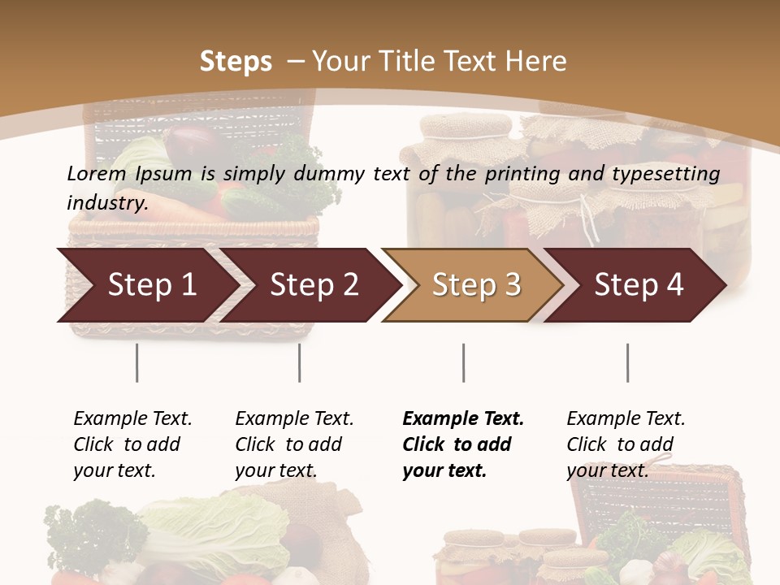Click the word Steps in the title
236,62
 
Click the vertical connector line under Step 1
136,362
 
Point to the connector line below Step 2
300,362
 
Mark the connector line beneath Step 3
463,362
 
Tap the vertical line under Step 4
627,362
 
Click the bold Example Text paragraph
462,444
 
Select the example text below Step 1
132,444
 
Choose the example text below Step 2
294,444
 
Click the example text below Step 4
626,444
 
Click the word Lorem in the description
96,173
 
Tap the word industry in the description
106,202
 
